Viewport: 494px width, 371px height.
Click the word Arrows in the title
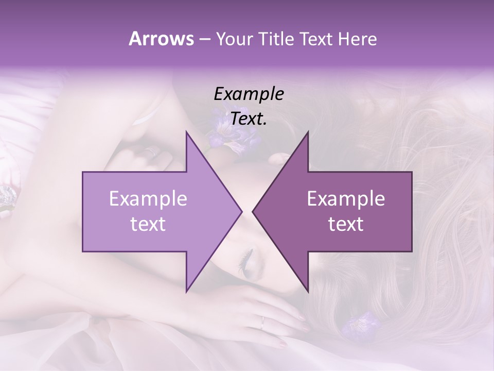coord(161,39)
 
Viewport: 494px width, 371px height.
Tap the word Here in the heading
coord(358,39)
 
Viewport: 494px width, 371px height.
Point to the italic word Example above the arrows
coord(249,94)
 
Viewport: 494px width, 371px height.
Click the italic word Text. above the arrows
coord(249,119)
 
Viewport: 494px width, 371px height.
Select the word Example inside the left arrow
coord(148,199)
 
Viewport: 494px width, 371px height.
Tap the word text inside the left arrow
coord(148,224)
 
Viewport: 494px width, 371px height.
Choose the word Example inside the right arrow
coord(346,199)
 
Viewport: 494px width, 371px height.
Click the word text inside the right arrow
coord(346,224)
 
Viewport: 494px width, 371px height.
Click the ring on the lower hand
coord(262,322)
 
